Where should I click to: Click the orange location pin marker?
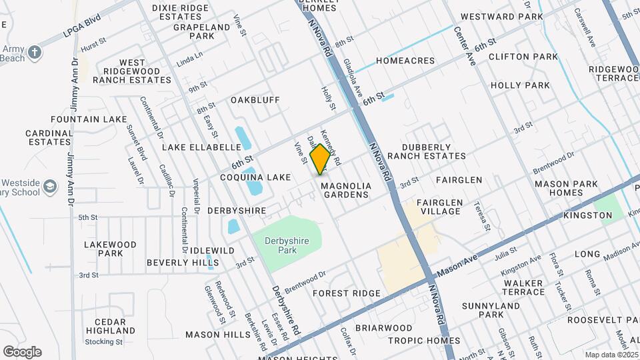[x=321, y=159]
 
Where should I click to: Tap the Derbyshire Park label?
[x=287, y=245]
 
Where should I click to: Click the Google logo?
[x=22, y=351]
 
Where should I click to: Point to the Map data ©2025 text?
[x=609, y=355]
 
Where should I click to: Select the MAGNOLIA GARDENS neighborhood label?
[x=345, y=190]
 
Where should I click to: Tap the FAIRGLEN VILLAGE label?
[x=438, y=206]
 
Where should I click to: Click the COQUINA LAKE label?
[x=256, y=177]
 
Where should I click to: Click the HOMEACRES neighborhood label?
[x=405, y=61]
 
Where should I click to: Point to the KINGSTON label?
[x=587, y=215]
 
